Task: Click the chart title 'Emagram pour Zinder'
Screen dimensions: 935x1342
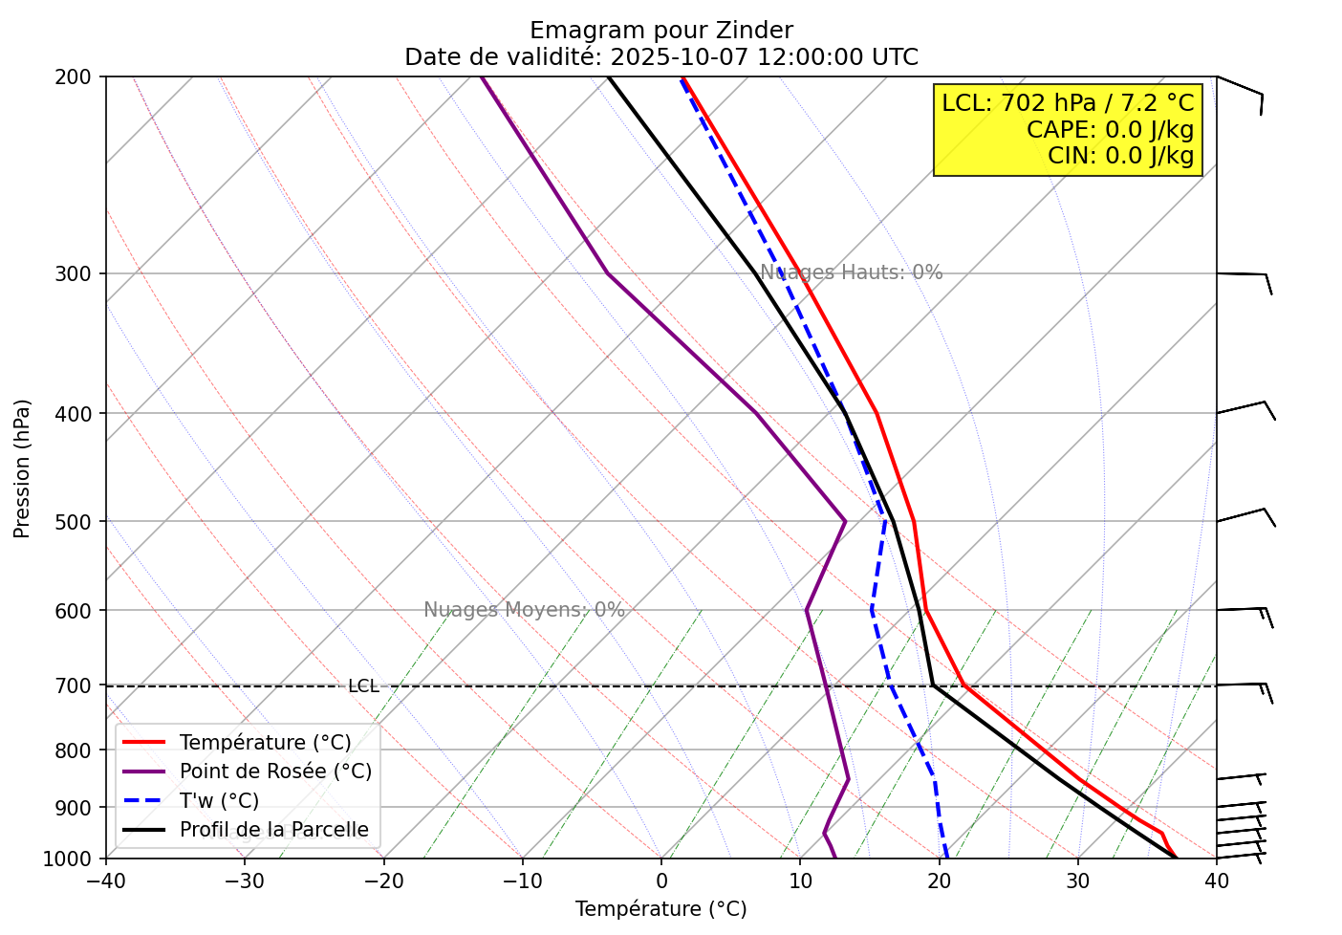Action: point(660,31)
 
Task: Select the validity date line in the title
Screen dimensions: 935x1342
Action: point(660,57)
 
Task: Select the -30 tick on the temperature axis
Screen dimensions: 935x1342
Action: point(244,881)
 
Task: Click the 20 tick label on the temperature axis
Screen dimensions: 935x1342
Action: point(939,881)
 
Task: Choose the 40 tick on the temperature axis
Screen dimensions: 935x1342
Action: point(1216,881)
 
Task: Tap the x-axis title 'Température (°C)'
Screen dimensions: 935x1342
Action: point(660,909)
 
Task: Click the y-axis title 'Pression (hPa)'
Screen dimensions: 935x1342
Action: point(22,468)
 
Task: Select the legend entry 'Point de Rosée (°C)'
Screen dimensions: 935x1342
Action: point(275,772)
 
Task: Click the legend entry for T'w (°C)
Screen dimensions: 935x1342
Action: point(219,801)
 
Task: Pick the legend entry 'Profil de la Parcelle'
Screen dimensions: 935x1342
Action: point(273,830)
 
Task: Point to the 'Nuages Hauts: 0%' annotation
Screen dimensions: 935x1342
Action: point(851,272)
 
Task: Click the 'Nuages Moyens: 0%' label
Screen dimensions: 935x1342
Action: point(524,610)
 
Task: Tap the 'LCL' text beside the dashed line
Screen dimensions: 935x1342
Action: point(363,686)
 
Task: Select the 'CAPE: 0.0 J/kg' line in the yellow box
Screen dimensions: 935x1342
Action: point(1110,130)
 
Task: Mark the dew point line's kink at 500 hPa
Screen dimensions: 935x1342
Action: point(845,521)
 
